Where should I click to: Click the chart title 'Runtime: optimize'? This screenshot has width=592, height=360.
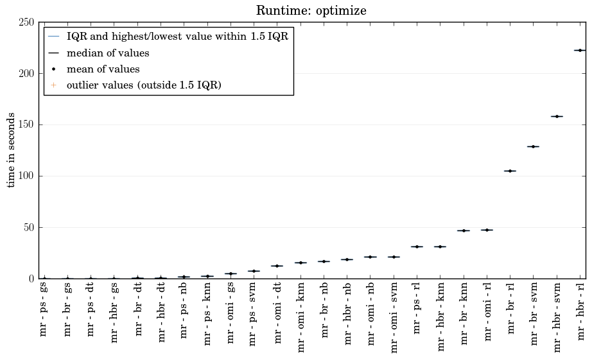311,11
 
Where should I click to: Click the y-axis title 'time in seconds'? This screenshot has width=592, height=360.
12,150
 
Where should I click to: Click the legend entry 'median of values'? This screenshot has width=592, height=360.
108,53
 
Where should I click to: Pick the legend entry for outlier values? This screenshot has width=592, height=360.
144,85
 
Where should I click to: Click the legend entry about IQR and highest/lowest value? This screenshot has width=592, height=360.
177,37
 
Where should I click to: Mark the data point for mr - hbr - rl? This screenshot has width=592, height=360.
580,50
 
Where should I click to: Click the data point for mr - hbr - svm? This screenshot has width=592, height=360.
557,116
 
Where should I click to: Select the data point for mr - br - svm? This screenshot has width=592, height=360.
533,146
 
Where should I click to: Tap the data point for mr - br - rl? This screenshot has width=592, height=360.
510,171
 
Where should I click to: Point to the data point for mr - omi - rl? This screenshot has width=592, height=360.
487,230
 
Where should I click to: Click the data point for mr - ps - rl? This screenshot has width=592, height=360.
417,246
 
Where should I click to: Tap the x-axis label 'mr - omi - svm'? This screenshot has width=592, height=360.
394,317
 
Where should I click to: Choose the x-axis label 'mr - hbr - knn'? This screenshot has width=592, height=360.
440,316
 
